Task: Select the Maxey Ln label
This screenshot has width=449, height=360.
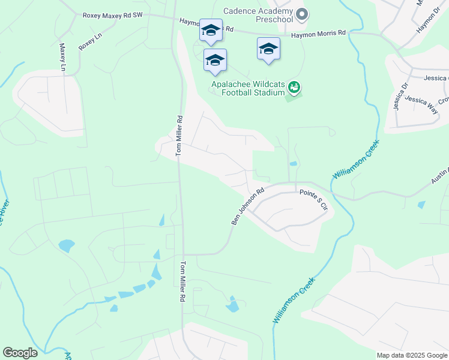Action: pyautogui.click(x=62, y=57)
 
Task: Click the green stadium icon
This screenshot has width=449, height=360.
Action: pyautogui.click(x=294, y=88)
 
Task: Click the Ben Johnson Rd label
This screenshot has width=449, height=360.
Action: pyautogui.click(x=247, y=208)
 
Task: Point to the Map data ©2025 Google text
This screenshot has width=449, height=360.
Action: pyautogui.click(x=412, y=355)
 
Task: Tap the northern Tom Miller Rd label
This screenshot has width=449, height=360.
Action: pyautogui.click(x=178, y=137)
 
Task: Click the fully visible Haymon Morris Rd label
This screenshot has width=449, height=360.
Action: pyautogui.click(x=319, y=34)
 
